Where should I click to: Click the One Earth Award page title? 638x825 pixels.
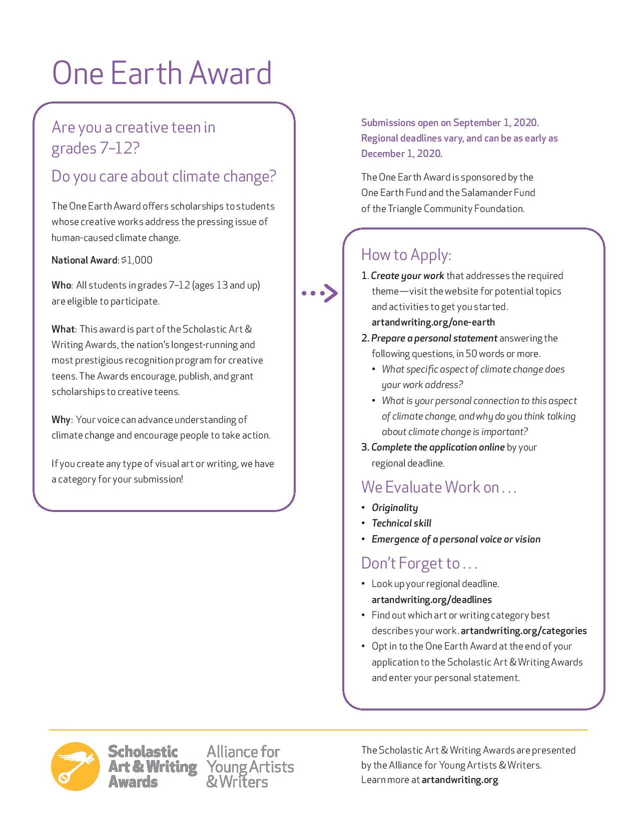pos(162,73)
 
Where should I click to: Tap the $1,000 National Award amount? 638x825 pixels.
pos(137,260)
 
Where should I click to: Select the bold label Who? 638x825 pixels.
pos(62,285)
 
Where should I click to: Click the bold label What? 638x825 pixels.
pos(63,329)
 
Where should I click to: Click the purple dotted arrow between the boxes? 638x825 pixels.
pos(320,293)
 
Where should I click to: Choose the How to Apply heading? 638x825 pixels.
pos(406,254)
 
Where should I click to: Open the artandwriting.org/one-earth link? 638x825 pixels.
pos(433,322)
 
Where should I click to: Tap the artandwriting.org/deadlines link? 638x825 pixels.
pos(431,599)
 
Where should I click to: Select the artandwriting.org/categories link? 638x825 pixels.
pos(523,630)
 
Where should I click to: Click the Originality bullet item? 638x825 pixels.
pos(395,507)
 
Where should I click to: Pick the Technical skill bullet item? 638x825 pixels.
pos(401,523)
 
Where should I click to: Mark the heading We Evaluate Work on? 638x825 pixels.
pos(438,487)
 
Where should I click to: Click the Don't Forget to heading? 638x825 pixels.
pos(419,563)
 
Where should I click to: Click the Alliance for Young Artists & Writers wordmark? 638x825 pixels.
pos(250,766)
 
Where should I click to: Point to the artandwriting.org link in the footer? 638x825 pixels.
pos(460,780)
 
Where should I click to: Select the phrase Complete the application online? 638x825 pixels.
pos(438,447)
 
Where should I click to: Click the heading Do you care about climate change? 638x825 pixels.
pos(164,176)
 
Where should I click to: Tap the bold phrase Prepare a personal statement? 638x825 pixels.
pos(434,338)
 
